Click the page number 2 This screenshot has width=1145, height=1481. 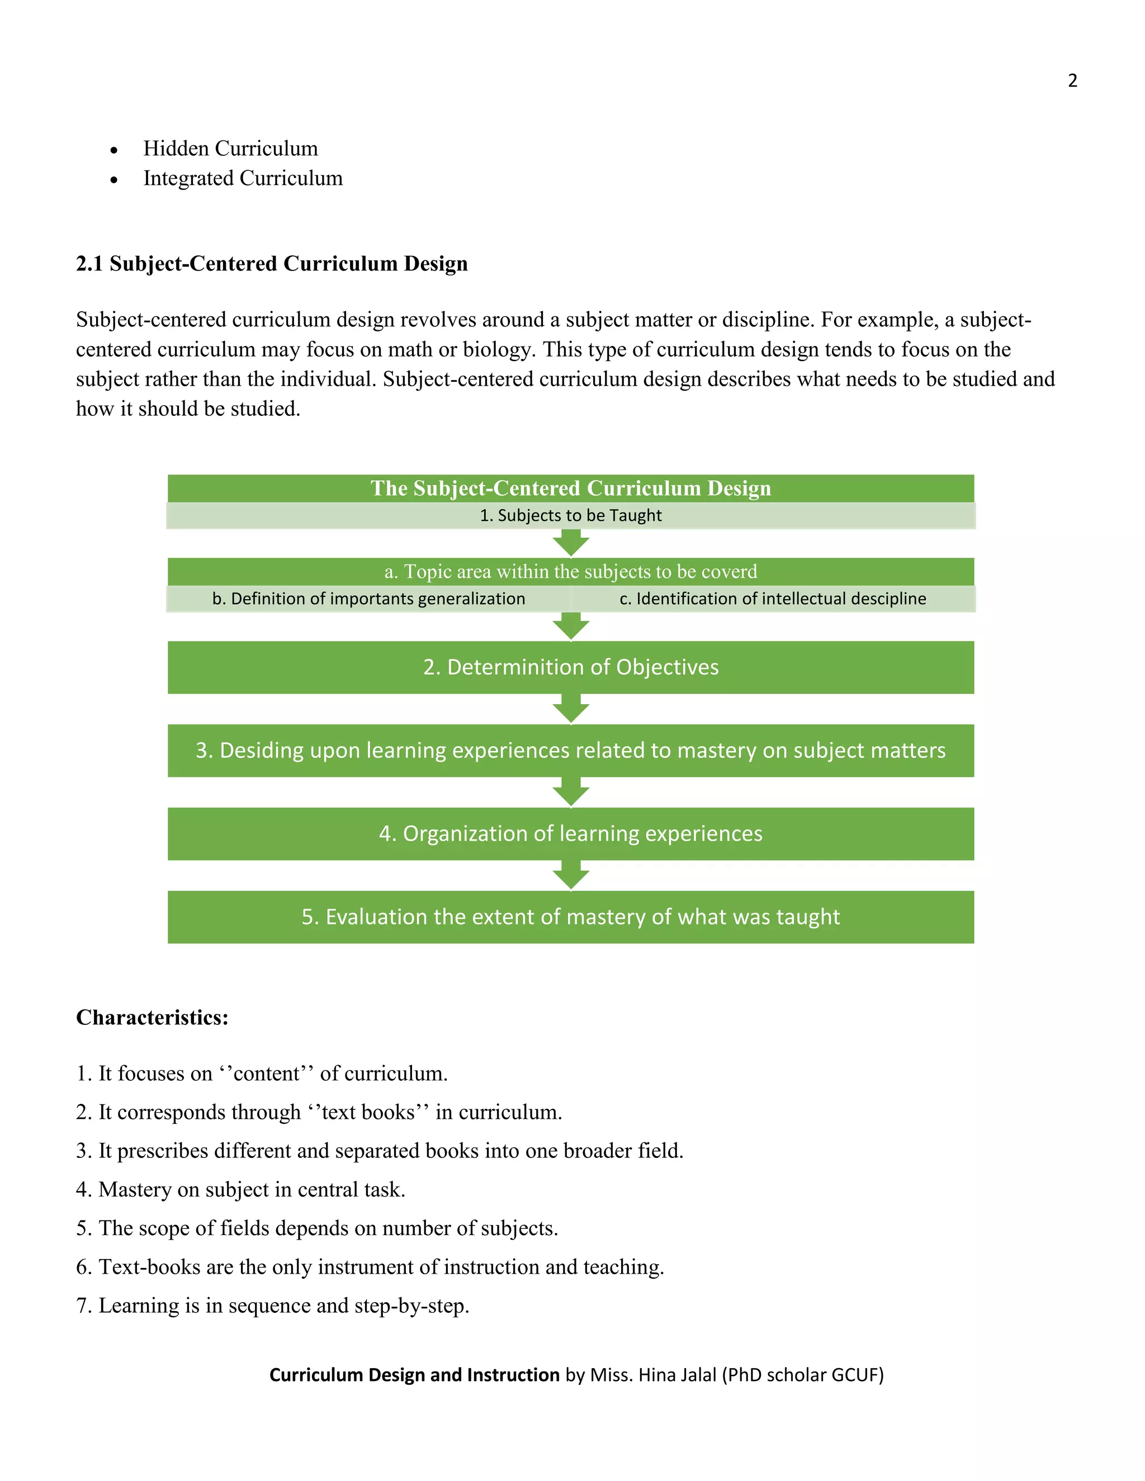pyautogui.click(x=1072, y=80)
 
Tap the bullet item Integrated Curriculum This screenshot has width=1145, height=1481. pyautogui.click(x=243, y=178)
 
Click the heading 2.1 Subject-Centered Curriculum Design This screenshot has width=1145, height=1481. pyautogui.click(x=271, y=263)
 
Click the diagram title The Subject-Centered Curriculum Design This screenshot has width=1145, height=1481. pyautogui.click(x=570, y=488)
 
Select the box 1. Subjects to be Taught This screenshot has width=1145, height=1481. pyautogui.click(x=570, y=515)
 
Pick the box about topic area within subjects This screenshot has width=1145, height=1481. pyautogui.click(x=570, y=572)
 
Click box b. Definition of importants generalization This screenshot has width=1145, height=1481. pyautogui.click(x=368, y=599)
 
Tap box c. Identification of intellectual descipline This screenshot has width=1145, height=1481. pyautogui.click(x=773, y=599)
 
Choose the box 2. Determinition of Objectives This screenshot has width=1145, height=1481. pyautogui.click(x=570, y=667)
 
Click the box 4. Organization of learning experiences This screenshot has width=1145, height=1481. pyautogui.click(x=570, y=833)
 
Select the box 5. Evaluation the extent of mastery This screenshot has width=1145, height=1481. pyautogui.click(x=570, y=917)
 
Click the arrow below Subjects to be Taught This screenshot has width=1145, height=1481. pyautogui.click(x=570, y=543)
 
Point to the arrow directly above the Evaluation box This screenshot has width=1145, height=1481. pyautogui.click(x=570, y=875)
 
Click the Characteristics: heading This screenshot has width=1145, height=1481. pyautogui.click(x=152, y=1017)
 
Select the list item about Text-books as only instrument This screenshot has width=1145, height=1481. pyautogui.click(x=370, y=1267)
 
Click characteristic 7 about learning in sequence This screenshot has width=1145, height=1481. pyautogui.click(x=273, y=1306)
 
